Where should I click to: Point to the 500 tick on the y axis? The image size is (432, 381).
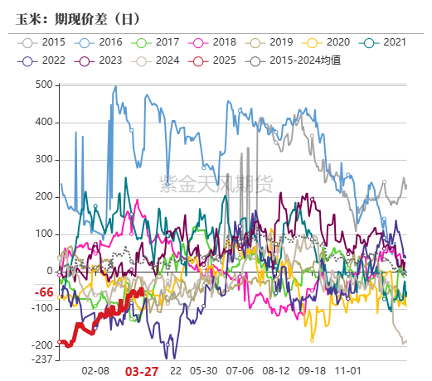(x=44, y=85)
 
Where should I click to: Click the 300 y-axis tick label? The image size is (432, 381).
(x=44, y=160)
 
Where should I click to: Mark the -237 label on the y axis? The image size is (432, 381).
(x=41, y=359)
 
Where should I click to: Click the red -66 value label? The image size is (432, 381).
(x=43, y=293)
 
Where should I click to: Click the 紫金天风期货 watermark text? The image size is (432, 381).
(x=216, y=185)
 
